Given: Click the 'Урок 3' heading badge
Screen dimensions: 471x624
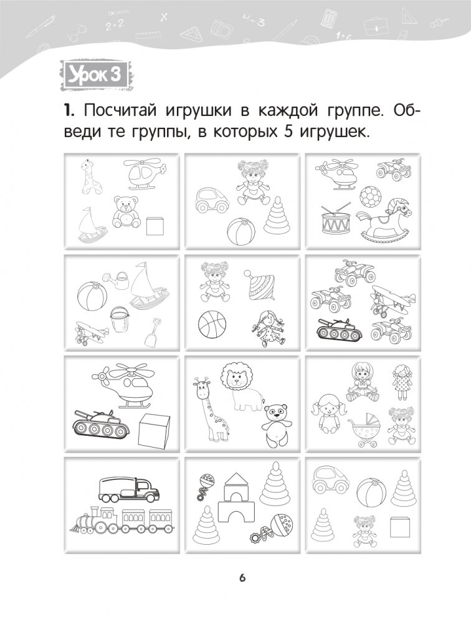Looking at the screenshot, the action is tap(95, 75).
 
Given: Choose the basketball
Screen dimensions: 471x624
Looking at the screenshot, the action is tap(212, 324).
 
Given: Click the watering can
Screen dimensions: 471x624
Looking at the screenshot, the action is tap(116, 280).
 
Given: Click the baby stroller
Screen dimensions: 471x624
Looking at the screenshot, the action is tap(364, 430).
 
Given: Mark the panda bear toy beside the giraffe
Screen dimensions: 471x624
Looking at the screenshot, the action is tap(276, 425).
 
